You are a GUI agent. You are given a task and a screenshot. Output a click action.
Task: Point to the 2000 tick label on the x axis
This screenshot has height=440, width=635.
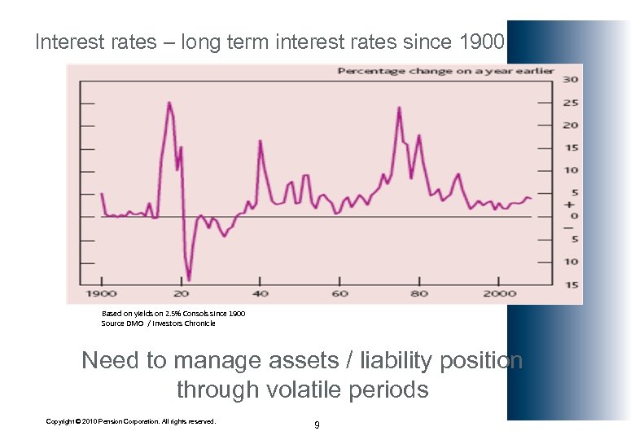coord(499,293)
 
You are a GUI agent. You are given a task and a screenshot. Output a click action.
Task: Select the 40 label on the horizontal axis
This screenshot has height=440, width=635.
coord(261,293)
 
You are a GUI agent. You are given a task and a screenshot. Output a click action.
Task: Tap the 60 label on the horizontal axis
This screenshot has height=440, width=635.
coord(339,293)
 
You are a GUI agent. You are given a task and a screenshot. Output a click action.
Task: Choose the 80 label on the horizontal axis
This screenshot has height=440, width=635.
coord(419,293)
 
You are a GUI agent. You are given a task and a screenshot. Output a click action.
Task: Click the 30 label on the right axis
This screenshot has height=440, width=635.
coord(571,80)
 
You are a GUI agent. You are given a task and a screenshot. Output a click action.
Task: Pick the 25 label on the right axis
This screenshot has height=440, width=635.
coord(571,103)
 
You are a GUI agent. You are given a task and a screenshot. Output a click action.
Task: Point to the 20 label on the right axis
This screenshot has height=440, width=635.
coord(571,125)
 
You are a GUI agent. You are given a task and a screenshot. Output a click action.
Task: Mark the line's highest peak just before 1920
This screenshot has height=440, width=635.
coord(169,103)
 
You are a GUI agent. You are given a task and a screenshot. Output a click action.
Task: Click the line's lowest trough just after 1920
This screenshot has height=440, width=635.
coord(188,279)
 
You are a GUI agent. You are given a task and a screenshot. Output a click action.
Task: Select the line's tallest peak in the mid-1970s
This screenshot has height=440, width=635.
coord(399,108)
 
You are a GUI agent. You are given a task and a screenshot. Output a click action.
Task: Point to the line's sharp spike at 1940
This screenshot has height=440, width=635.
coord(260,142)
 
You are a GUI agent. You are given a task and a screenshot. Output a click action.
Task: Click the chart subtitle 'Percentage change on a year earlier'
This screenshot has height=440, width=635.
coord(445,71)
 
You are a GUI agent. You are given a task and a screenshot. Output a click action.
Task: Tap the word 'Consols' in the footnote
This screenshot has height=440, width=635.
coord(199,314)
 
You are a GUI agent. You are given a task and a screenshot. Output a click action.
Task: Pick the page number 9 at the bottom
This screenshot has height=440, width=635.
coord(317,425)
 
